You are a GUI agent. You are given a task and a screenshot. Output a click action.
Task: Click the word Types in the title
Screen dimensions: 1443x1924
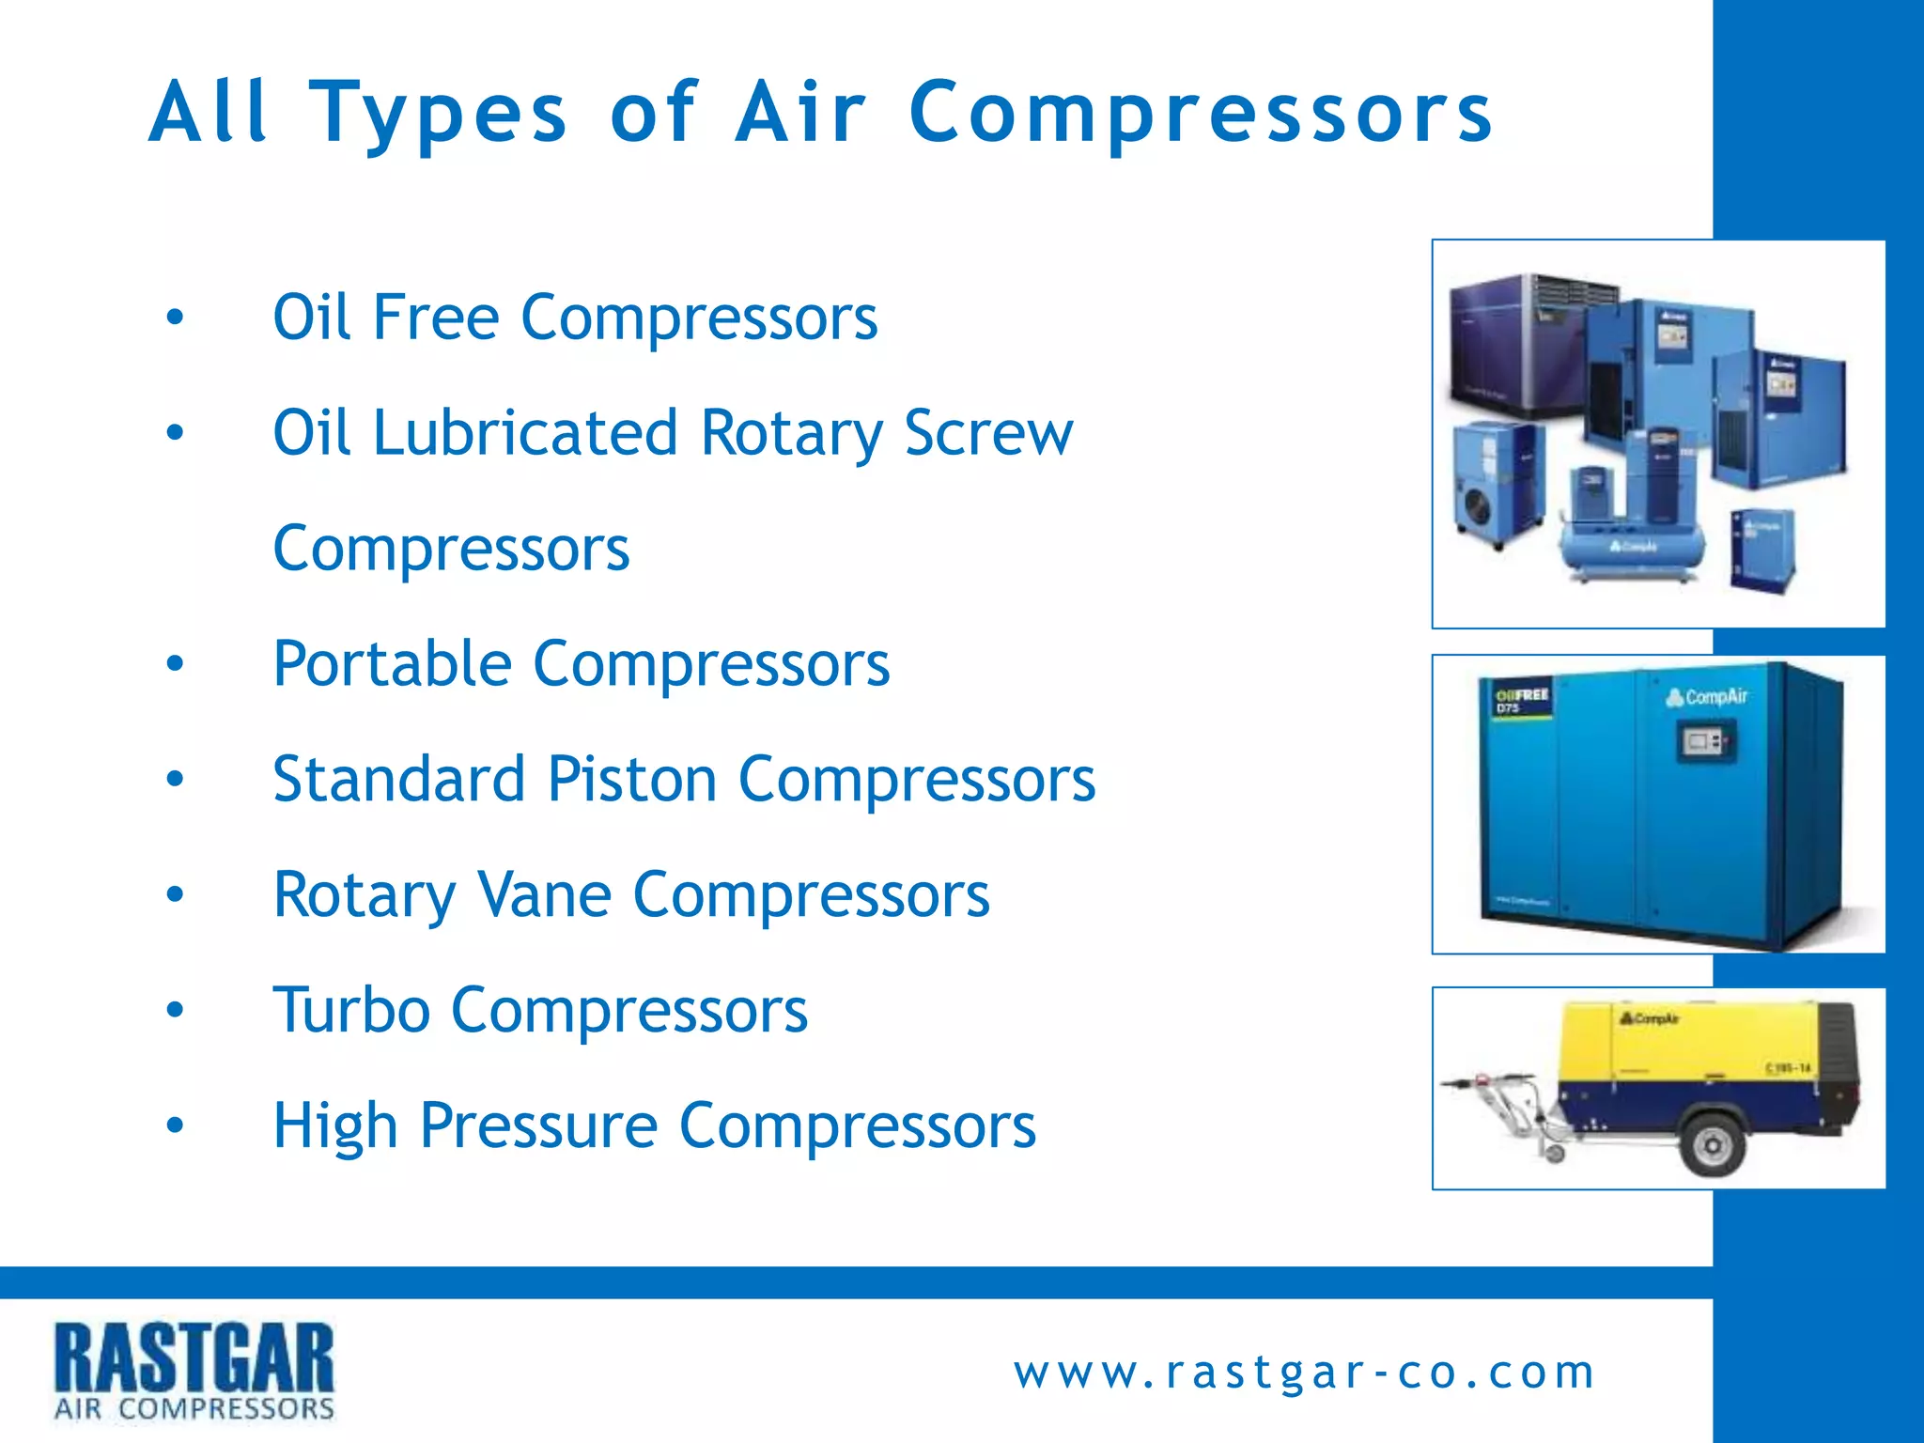tap(438, 114)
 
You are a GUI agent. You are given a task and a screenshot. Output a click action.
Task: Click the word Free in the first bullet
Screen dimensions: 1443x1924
tap(435, 318)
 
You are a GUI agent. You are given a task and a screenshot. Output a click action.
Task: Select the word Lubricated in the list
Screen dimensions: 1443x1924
tap(525, 433)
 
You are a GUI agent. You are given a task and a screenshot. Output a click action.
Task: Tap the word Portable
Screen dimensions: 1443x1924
tap(392, 664)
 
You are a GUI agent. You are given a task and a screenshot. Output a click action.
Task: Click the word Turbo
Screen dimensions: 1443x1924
tap(351, 1010)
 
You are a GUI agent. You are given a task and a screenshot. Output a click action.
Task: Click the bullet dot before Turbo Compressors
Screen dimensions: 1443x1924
tap(175, 1010)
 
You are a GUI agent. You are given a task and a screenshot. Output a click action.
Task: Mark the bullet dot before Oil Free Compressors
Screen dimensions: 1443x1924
tap(175, 318)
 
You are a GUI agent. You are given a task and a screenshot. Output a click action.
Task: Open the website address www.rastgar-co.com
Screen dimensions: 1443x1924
tap(1304, 1373)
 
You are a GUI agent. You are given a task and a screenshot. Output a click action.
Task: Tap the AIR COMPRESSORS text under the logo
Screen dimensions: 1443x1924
tap(194, 1408)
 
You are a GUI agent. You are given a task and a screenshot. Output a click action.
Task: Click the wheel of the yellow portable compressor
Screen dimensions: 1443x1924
tap(1712, 1143)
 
